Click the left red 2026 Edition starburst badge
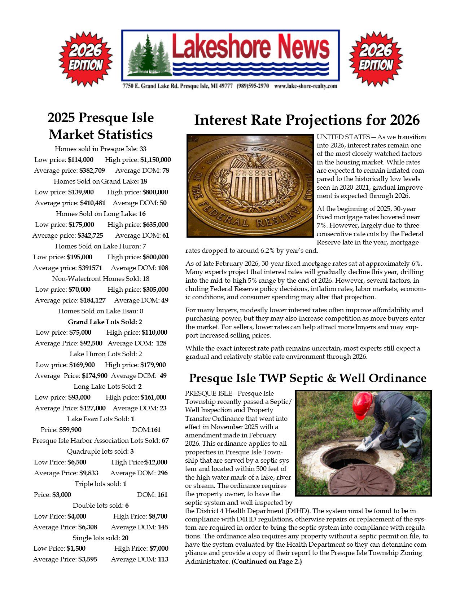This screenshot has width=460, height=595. point(86,59)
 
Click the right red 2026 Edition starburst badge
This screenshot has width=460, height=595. point(376,59)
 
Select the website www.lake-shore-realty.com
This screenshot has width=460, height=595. point(306,86)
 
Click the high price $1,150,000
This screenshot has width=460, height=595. point(155,160)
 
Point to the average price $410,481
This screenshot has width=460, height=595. point(93,203)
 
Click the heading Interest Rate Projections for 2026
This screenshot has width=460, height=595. point(307,120)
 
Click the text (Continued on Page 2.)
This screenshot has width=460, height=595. point(267,561)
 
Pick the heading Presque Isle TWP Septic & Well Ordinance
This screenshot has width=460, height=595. point(307,378)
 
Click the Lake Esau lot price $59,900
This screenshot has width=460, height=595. point(70,430)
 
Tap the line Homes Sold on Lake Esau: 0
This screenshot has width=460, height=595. point(101,311)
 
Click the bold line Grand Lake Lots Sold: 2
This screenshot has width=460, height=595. point(105,322)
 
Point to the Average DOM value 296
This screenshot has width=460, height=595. point(163,473)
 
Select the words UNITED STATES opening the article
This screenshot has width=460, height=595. point(343,137)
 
